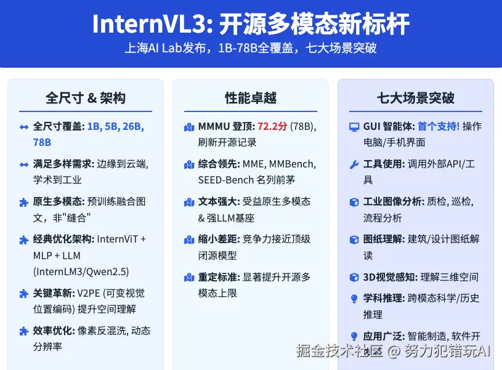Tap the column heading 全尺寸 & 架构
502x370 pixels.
(x=86, y=99)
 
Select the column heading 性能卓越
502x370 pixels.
(x=251, y=99)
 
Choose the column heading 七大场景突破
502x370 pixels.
(x=416, y=99)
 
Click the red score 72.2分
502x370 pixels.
(x=272, y=127)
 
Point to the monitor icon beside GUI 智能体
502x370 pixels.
(x=354, y=127)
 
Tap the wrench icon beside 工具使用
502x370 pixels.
(x=354, y=164)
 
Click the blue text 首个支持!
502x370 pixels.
(x=438, y=127)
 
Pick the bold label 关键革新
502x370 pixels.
(x=54, y=293)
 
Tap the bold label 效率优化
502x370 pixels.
(x=54, y=331)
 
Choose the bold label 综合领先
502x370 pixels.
(x=219, y=164)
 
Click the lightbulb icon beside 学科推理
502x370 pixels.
(x=354, y=299)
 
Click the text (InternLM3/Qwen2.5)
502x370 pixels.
(x=81, y=271)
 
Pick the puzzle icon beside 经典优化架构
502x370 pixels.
(x=24, y=239)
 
